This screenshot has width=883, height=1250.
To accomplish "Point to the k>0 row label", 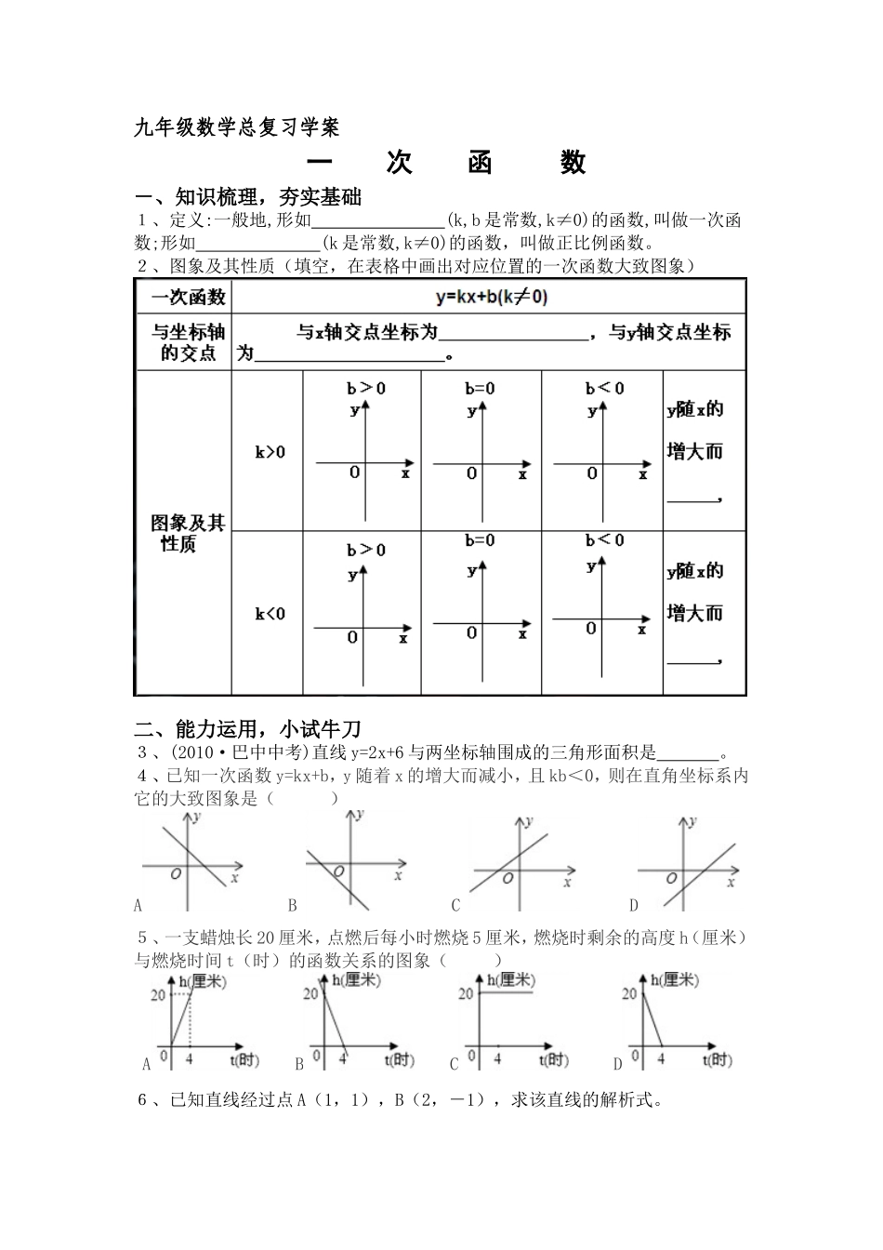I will (270, 452).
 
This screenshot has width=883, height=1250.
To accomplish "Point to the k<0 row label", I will (270, 614).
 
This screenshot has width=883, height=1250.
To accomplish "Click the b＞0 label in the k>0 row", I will (366, 388).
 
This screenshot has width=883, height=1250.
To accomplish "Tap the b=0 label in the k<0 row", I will (481, 540).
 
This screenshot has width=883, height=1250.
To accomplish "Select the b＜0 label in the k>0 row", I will (605, 388).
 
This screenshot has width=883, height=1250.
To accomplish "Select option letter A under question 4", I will (138, 904).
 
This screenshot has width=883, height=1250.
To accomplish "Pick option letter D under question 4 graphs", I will (633, 904).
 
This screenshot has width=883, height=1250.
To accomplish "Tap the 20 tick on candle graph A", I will (156, 995).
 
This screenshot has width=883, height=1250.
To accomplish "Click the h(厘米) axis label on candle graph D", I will (675, 979).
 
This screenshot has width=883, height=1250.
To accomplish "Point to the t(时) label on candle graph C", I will (553, 1060).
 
